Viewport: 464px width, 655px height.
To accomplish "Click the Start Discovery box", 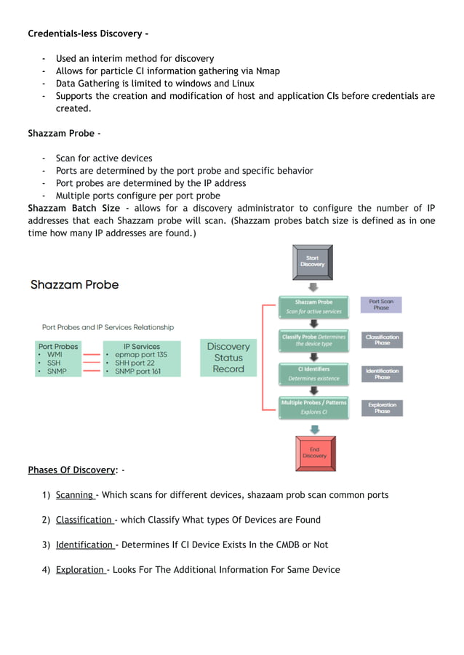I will point(313,261).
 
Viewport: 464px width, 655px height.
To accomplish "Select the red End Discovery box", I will point(314,453).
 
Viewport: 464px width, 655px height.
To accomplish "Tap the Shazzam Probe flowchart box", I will point(313,306).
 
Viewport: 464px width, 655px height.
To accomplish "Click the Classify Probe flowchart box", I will point(313,340).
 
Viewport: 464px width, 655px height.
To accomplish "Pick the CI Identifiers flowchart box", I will point(313,374).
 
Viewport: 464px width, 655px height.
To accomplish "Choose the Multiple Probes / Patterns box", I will point(313,407).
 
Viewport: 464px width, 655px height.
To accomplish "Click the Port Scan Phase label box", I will point(382,305).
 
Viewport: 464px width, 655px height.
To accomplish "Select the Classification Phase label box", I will point(382,339).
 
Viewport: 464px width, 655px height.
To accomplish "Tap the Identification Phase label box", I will point(382,374).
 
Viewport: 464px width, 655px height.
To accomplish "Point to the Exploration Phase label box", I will point(382,408).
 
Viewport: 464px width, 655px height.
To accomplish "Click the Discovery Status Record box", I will point(228,358).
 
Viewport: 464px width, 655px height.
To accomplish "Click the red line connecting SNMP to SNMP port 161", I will point(92,371).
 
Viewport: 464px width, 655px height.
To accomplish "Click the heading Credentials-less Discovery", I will point(88,33).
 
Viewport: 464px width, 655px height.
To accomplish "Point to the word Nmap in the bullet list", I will point(267,71).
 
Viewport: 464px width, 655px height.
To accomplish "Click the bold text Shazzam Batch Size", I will point(73,209).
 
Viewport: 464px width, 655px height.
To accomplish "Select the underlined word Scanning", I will point(74,495).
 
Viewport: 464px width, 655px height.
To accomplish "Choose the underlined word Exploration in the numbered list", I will point(80,569).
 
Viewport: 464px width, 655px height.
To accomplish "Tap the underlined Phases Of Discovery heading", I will point(71,470).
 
